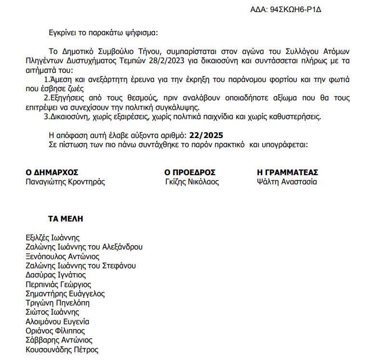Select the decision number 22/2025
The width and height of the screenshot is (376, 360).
207,135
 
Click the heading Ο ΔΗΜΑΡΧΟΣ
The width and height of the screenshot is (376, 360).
52,172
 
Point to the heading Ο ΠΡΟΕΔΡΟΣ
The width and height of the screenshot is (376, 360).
190,172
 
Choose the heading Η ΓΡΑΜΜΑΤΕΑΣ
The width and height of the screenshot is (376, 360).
288,172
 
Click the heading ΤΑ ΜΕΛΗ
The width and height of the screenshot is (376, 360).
66,219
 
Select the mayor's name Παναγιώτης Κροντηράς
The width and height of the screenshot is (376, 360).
65,182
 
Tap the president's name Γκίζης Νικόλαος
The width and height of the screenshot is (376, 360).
192,182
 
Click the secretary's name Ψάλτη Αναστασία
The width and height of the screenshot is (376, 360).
287,182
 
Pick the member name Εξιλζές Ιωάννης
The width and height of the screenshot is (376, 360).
53,237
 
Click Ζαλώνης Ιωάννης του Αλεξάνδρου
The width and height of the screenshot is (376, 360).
84,247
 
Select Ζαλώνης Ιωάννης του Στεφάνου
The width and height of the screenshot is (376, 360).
81,266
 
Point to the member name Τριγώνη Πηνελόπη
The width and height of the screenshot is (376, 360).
57,303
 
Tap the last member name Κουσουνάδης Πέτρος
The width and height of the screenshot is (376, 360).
62,350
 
